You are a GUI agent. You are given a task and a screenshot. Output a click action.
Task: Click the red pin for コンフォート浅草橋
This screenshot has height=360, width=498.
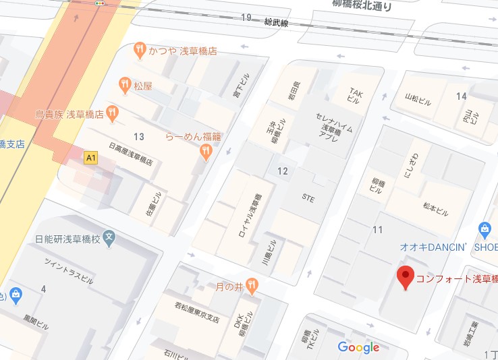coord(405,277)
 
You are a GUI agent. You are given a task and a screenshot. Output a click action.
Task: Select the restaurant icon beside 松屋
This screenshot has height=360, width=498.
coord(124,85)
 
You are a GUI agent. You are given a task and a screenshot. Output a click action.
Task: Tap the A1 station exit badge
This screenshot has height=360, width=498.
coord(90,158)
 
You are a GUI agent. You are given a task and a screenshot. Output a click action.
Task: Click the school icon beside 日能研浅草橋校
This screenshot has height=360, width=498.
coord(111,238)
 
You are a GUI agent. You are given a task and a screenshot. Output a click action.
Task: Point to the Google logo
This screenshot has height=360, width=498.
coord(358,347)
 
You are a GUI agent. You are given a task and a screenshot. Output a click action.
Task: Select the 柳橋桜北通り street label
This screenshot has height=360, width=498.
coord(362,6)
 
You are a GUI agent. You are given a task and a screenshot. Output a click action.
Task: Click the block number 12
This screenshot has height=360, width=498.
coord(282,171)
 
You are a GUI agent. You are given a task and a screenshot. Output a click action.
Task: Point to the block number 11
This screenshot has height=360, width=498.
coord(377,230)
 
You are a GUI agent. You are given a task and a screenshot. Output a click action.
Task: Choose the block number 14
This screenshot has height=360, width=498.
coord(461,96)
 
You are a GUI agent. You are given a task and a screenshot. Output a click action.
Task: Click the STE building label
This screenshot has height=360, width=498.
coord(308,200)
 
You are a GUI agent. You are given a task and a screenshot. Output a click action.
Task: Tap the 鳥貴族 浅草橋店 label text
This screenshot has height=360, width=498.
coord(70,115)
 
